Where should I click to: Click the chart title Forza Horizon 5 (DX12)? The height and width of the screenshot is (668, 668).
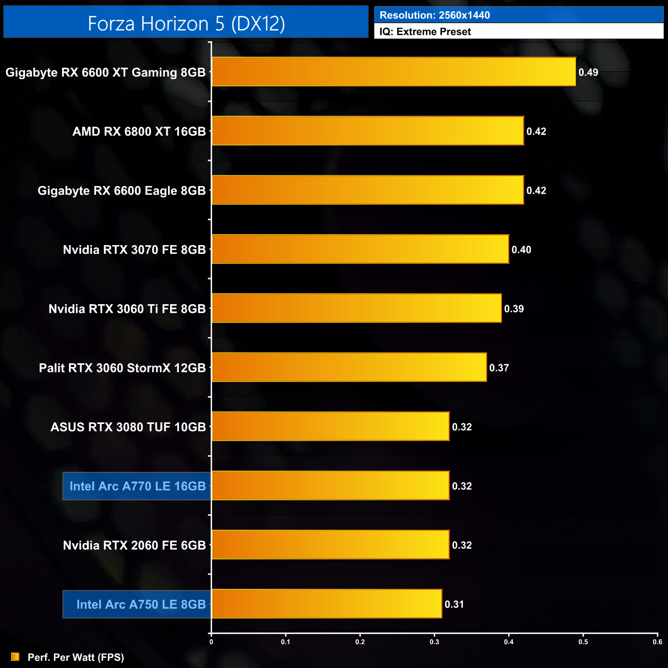(x=186, y=23)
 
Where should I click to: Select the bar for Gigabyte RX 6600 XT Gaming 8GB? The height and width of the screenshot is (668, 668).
(x=394, y=72)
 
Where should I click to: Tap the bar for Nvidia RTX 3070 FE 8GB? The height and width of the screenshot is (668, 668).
(x=360, y=249)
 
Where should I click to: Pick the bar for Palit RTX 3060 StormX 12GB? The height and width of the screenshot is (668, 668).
(x=349, y=367)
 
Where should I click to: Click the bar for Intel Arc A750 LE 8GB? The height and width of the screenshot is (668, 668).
(x=327, y=604)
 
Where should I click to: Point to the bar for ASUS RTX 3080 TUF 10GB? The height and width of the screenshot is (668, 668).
(x=330, y=426)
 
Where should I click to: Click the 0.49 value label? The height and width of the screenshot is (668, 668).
(x=588, y=72)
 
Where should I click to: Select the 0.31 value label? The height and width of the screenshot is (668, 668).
(x=454, y=604)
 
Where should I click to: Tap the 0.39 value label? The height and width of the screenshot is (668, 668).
(x=514, y=309)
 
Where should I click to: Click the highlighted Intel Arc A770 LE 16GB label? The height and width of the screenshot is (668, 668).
(x=137, y=486)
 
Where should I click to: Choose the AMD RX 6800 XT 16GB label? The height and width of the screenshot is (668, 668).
(x=139, y=132)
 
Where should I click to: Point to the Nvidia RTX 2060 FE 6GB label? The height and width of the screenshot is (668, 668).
(x=134, y=545)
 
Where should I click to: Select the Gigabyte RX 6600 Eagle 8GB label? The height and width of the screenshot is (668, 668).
(x=121, y=191)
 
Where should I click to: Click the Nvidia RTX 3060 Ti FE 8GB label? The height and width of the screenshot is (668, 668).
(x=127, y=309)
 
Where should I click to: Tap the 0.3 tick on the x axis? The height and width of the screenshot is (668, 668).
(x=434, y=642)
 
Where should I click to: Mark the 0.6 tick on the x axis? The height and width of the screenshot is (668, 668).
(x=657, y=642)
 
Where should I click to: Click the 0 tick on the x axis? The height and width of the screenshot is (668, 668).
(x=211, y=642)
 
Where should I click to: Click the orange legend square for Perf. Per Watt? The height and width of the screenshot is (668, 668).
(x=15, y=657)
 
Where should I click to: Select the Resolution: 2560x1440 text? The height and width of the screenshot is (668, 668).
(x=435, y=15)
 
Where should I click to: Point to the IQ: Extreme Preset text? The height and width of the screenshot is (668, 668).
(x=425, y=32)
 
